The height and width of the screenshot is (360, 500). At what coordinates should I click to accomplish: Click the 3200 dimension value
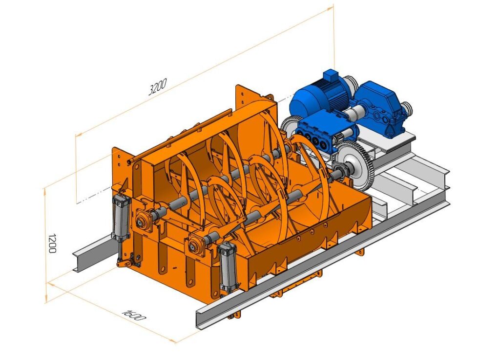pyautogui.click(x=158, y=87)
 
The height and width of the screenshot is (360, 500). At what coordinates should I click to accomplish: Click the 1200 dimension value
pyautogui.click(x=52, y=243)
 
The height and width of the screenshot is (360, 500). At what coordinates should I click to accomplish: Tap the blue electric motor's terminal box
pyautogui.click(x=330, y=77)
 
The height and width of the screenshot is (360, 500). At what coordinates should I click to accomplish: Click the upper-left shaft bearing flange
pyautogui.click(x=144, y=219)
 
